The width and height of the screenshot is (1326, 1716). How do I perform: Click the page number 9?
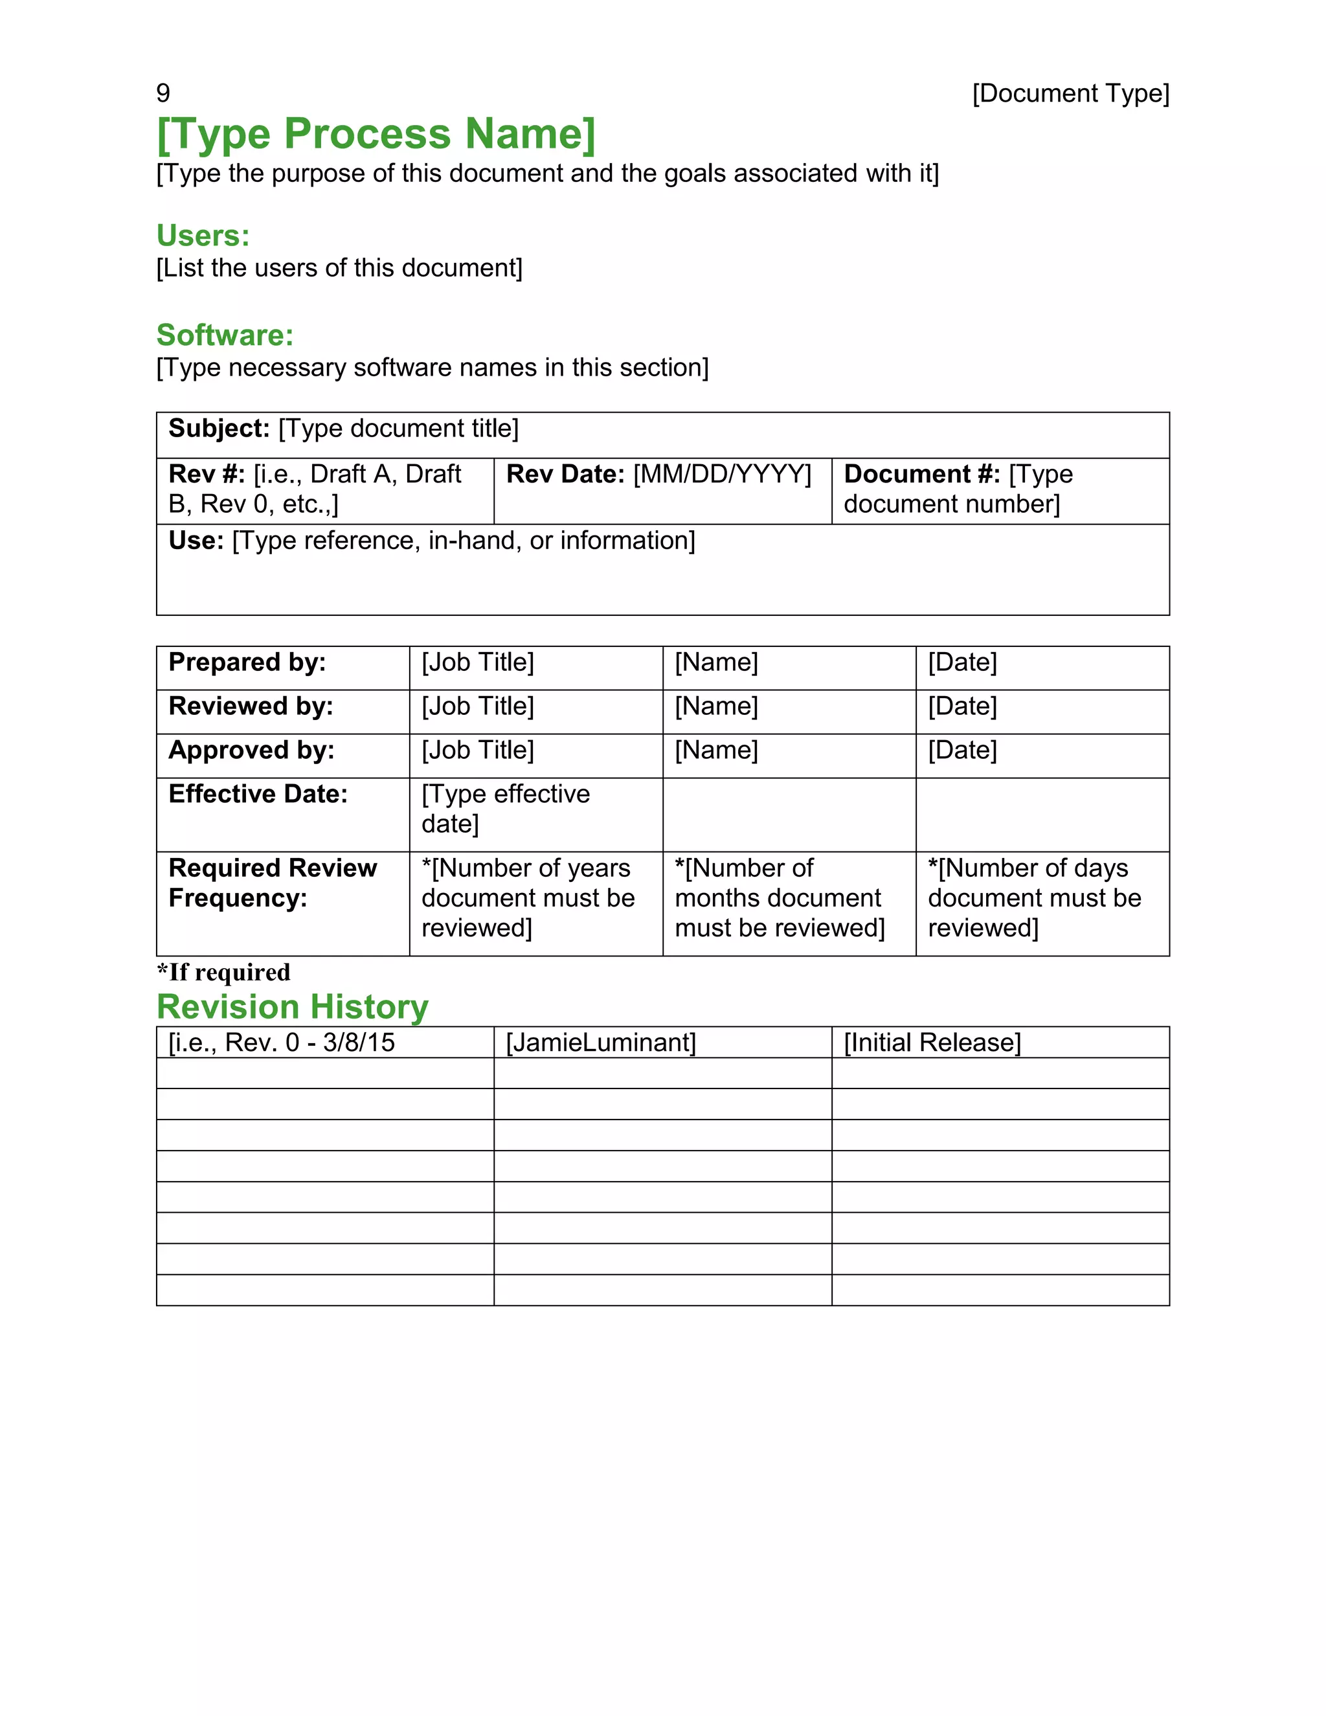(x=163, y=93)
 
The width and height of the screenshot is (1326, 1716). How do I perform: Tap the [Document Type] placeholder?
(x=1070, y=93)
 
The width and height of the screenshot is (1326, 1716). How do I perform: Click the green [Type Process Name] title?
(x=376, y=133)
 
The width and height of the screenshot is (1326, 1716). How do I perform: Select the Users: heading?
(x=203, y=236)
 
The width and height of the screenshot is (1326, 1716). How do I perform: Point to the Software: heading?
(x=225, y=335)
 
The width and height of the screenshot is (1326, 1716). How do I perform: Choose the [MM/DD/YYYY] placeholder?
(x=722, y=474)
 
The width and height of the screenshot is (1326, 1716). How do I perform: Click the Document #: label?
(x=921, y=474)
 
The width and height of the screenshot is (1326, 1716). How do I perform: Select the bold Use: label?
(x=196, y=541)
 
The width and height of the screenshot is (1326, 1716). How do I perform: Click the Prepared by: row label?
(x=247, y=662)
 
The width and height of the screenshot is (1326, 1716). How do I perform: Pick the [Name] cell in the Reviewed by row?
(x=715, y=706)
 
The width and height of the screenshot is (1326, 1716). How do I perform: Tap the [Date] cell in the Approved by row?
(x=961, y=751)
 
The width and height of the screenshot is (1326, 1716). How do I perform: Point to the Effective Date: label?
(x=258, y=795)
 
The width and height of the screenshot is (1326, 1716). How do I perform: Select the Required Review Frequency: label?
(x=272, y=883)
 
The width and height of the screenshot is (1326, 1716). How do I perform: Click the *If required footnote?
(x=223, y=972)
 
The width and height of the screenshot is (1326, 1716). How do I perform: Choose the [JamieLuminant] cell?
(x=601, y=1043)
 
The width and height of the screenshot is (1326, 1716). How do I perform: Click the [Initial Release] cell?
(x=932, y=1043)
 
